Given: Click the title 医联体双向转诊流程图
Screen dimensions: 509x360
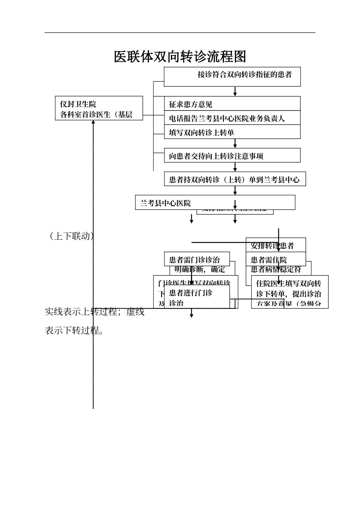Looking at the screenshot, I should pos(180,57).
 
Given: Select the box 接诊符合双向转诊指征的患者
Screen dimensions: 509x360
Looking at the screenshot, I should pos(232,77).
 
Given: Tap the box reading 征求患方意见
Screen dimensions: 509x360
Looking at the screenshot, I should pos(232,104).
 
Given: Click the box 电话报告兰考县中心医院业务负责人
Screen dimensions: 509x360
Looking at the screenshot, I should pos(232,118).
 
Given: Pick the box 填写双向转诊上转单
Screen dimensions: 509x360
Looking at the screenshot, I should pos(232,132).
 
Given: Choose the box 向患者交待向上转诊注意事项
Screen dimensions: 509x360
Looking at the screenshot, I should pos(232,156).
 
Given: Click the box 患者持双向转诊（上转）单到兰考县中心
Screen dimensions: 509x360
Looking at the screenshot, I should pos(235,179).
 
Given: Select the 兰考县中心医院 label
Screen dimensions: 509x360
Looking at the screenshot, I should pos(166,203).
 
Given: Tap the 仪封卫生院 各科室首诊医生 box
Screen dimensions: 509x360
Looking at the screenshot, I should pos(99,109).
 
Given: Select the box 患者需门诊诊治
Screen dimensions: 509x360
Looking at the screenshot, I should pos(197,260).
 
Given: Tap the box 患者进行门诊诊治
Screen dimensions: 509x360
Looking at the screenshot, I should pos(197,297).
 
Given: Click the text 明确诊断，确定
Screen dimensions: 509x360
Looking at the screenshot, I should pos(200,270).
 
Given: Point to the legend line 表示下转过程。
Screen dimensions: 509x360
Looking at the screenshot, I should pos(74,331).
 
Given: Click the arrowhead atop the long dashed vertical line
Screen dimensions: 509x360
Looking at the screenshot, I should pos(93,123).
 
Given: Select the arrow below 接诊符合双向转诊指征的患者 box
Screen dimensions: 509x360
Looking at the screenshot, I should pos(235,92).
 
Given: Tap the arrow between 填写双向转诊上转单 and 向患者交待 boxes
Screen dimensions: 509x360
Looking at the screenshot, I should pos(235,144).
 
